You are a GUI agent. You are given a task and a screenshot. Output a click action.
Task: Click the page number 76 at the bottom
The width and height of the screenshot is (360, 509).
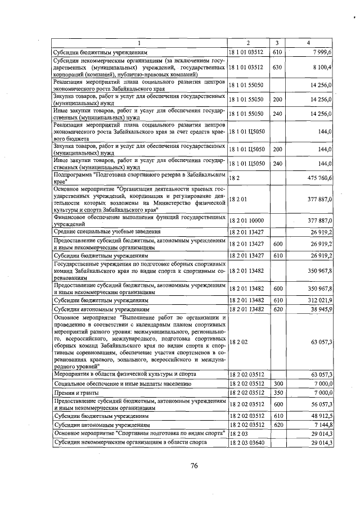pos(193,465)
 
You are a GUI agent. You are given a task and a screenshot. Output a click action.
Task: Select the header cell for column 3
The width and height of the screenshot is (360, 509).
pos(277,43)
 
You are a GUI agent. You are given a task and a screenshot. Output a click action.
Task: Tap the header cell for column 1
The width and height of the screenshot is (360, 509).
pos(139,43)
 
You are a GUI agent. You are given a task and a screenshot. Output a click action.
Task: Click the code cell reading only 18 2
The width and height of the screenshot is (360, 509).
pos(235,178)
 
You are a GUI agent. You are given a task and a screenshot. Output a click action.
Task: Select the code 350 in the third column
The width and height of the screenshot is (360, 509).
pos(277,392)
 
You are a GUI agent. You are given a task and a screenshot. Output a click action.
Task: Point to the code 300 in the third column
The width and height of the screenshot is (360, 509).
pos(277,383)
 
